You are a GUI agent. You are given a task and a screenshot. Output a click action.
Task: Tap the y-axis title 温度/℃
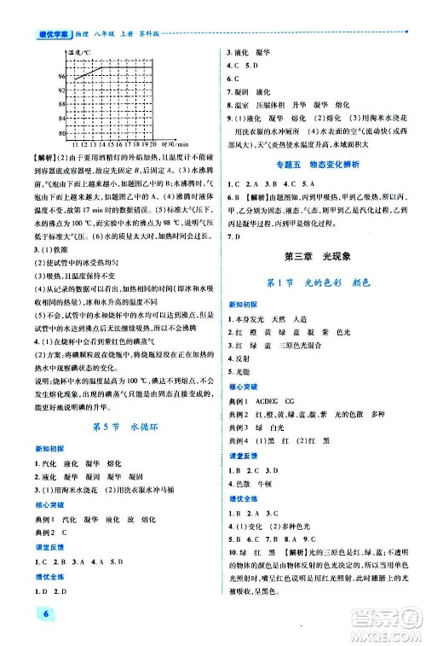tap(82, 54)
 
